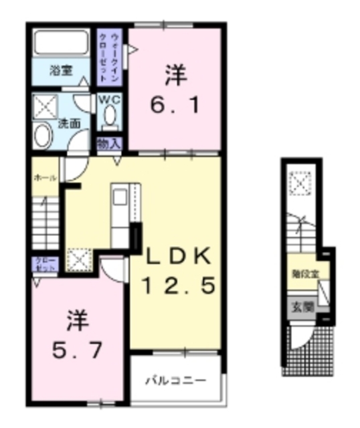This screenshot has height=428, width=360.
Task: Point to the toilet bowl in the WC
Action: tap(109, 119)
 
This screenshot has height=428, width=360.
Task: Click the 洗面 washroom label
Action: tap(69, 124)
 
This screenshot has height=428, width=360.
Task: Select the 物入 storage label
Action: tap(109, 143)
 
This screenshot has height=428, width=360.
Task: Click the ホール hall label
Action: tap(45, 177)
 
